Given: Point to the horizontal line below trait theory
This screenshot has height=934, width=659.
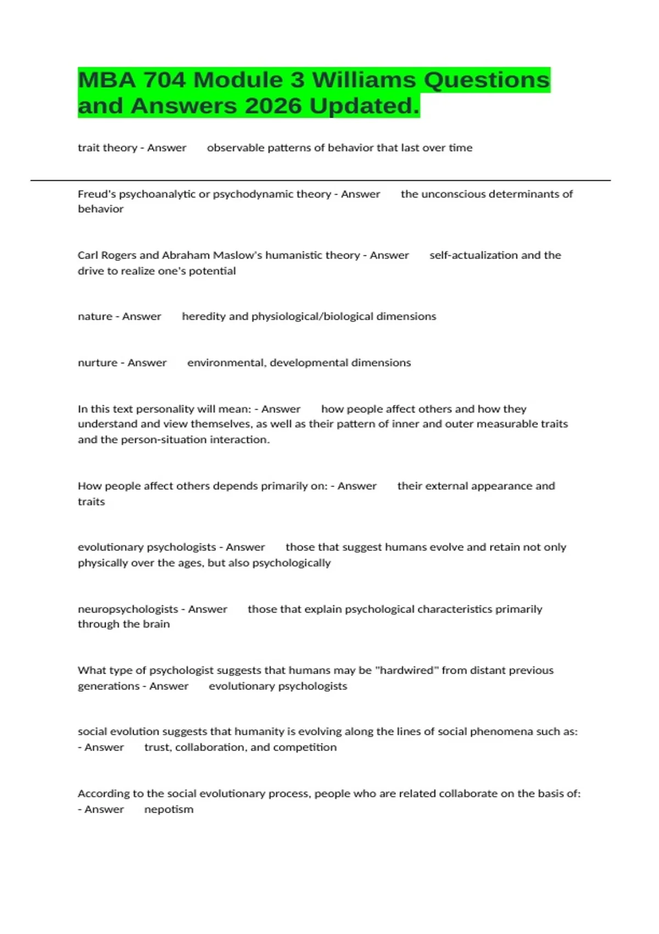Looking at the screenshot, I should click(320, 180).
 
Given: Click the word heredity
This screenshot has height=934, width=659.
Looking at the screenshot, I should click(203, 316).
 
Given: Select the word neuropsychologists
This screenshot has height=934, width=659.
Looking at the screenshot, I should click(128, 609).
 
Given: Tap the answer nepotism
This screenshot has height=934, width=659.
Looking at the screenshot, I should click(169, 809).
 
